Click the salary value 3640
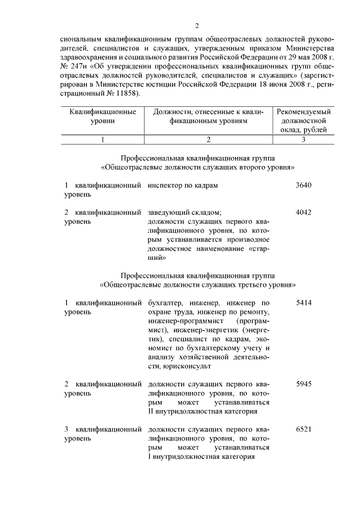303,185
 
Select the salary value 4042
303,212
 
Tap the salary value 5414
303,303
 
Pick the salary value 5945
303,384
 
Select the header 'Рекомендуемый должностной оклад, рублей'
303,121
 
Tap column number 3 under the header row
303,139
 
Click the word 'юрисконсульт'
188,366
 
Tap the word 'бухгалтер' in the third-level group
164,303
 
